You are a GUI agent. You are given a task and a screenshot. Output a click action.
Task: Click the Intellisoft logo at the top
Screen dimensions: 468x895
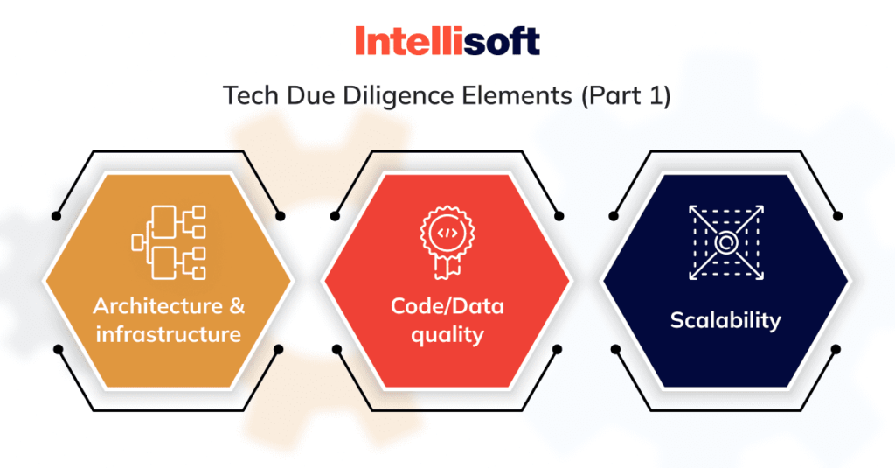447,41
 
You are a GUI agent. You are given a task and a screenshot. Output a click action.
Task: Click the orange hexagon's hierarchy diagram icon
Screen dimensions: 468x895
169,242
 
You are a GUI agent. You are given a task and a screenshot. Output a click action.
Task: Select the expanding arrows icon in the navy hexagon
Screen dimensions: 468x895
725,242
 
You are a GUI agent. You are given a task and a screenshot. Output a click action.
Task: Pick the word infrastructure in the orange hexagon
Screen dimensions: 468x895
169,333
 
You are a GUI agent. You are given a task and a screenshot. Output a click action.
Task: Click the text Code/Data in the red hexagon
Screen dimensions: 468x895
447,307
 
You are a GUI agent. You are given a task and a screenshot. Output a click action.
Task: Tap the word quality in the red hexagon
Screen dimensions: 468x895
447,334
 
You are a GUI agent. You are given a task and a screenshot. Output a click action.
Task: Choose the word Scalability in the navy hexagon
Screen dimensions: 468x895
725,320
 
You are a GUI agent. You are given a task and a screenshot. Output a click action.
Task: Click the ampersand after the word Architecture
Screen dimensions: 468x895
236,307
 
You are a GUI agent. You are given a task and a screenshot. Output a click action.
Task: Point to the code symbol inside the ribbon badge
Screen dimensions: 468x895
447,233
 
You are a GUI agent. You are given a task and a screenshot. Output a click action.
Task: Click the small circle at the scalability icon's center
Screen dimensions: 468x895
725,242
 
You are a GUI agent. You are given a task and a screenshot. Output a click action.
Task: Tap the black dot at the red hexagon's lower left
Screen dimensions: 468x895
336,349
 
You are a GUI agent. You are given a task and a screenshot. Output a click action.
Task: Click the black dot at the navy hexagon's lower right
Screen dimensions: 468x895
836,349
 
